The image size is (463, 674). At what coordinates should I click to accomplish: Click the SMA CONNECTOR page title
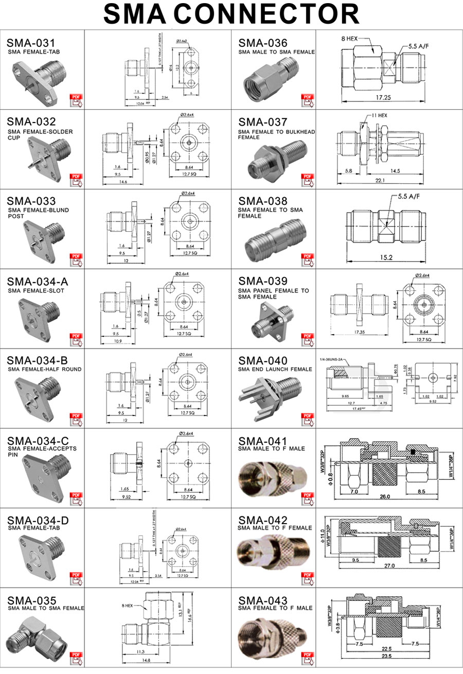[232, 14]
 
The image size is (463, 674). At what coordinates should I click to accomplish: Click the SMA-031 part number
[30, 43]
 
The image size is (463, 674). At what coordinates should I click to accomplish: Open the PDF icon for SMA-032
[76, 179]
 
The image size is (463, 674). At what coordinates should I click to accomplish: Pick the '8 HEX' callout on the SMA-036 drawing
[350, 39]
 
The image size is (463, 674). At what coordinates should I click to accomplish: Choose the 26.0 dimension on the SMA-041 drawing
[385, 497]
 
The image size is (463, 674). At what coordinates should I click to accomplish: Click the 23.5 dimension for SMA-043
[386, 656]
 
